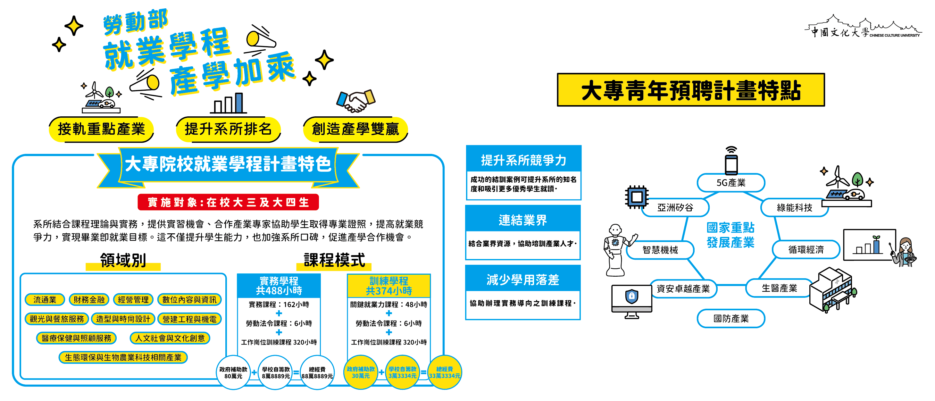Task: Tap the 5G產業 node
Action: (x=730, y=182)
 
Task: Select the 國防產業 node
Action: (x=730, y=318)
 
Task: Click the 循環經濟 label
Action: (x=806, y=249)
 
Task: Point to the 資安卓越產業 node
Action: (x=683, y=288)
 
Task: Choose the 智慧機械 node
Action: (x=660, y=250)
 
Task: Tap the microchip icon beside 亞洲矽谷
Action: (x=637, y=197)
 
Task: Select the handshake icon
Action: (x=355, y=101)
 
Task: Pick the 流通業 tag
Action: (x=45, y=299)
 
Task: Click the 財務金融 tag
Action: (x=89, y=299)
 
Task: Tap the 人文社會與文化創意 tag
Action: (x=170, y=338)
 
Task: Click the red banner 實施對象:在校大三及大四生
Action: (x=228, y=202)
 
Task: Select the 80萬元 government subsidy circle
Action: (x=233, y=373)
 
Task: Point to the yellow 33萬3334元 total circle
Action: (x=444, y=373)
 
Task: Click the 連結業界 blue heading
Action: (x=523, y=220)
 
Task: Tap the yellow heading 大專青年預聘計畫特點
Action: (x=691, y=90)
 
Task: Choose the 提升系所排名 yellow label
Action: (x=228, y=129)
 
